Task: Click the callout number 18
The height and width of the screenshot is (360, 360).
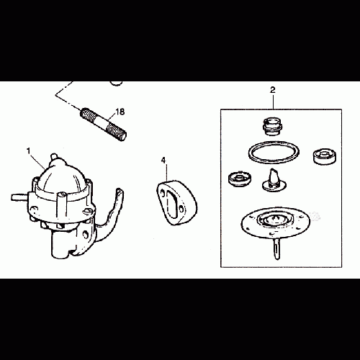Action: (x=120, y=112)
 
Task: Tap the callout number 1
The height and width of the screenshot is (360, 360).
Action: (x=29, y=151)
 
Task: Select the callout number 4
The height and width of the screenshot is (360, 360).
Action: (x=163, y=161)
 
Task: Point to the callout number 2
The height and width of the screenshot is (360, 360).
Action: (x=272, y=90)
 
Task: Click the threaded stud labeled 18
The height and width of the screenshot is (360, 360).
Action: (x=103, y=125)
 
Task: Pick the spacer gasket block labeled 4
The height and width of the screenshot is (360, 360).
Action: (x=177, y=202)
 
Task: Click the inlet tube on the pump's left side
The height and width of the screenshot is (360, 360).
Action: (x=19, y=197)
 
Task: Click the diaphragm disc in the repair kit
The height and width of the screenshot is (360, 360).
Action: (x=276, y=222)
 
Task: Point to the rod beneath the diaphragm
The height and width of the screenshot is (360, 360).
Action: (x=276, y=248)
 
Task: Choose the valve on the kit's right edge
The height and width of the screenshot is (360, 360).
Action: (x=325, y=156)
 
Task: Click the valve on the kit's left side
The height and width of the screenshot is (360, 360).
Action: (x=239, y=179)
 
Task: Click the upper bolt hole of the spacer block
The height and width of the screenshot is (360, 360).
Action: (x=163, y=192)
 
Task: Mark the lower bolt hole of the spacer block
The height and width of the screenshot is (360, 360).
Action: (x=182, y=209)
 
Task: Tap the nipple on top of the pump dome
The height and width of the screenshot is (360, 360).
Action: (x=55, y=158)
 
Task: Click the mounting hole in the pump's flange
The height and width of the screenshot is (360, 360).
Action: (x=85, y=234)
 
